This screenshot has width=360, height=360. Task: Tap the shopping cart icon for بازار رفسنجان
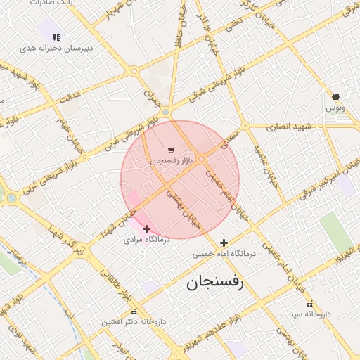(x=171, y=151)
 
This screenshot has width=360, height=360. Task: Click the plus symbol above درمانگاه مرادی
(x=146, y=229)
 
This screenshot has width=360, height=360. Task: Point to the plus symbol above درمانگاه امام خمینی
(x=224, y=243)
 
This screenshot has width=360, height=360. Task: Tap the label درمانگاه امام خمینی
(x=223, y=254)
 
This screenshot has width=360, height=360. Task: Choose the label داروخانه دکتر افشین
(x=133, y=322)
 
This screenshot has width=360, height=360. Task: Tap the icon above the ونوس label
(x=335, y=96)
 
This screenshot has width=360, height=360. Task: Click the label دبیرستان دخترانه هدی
(x=57, y=48)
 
